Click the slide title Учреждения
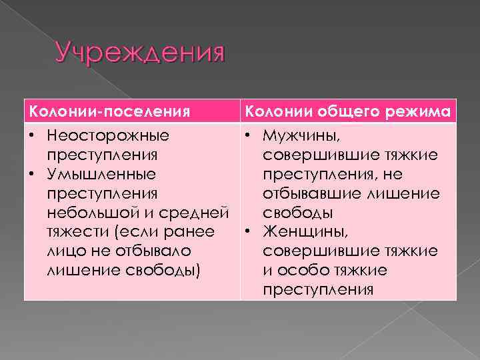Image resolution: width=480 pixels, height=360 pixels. tap(139, 52)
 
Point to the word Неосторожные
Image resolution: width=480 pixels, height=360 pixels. tap(107, 136)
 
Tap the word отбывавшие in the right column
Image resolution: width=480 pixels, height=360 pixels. tap(309, 194)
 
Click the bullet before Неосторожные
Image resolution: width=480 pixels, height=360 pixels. tap(32, 136)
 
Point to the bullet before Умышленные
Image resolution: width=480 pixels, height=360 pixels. tap(32, 175)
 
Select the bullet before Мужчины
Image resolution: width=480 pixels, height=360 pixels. tap(248, 136)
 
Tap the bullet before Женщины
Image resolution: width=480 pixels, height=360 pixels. tap(248, 233)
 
